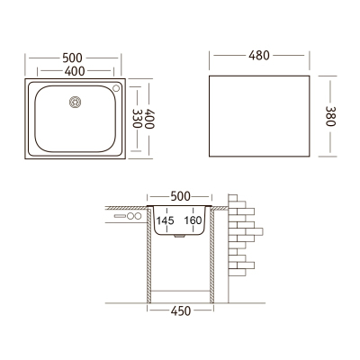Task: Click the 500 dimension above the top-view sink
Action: click(x=72, y=58)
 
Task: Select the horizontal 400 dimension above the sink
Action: click(x=75, y=71)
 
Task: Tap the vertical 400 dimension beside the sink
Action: click(x=149, y=119)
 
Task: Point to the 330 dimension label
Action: click(x=137, y=119)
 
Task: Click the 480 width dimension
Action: click(x=259, y=56)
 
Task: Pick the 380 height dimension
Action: click(x=330, y=116)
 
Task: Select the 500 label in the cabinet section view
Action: click(x=180, y=196)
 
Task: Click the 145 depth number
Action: click(x=165, y=220)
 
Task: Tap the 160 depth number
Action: click(x=193, y=220)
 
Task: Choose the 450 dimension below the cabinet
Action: click(x=181, y=311)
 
